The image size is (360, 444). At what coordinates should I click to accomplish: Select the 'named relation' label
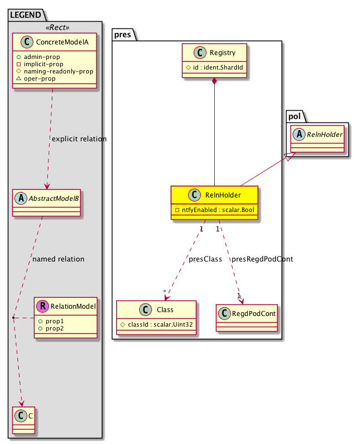click(58, 259)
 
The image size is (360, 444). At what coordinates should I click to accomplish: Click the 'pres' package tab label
click(123, 34)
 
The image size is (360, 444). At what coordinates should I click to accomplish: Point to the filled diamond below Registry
click(215, 82)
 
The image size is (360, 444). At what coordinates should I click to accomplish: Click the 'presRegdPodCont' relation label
click(262, 259)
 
